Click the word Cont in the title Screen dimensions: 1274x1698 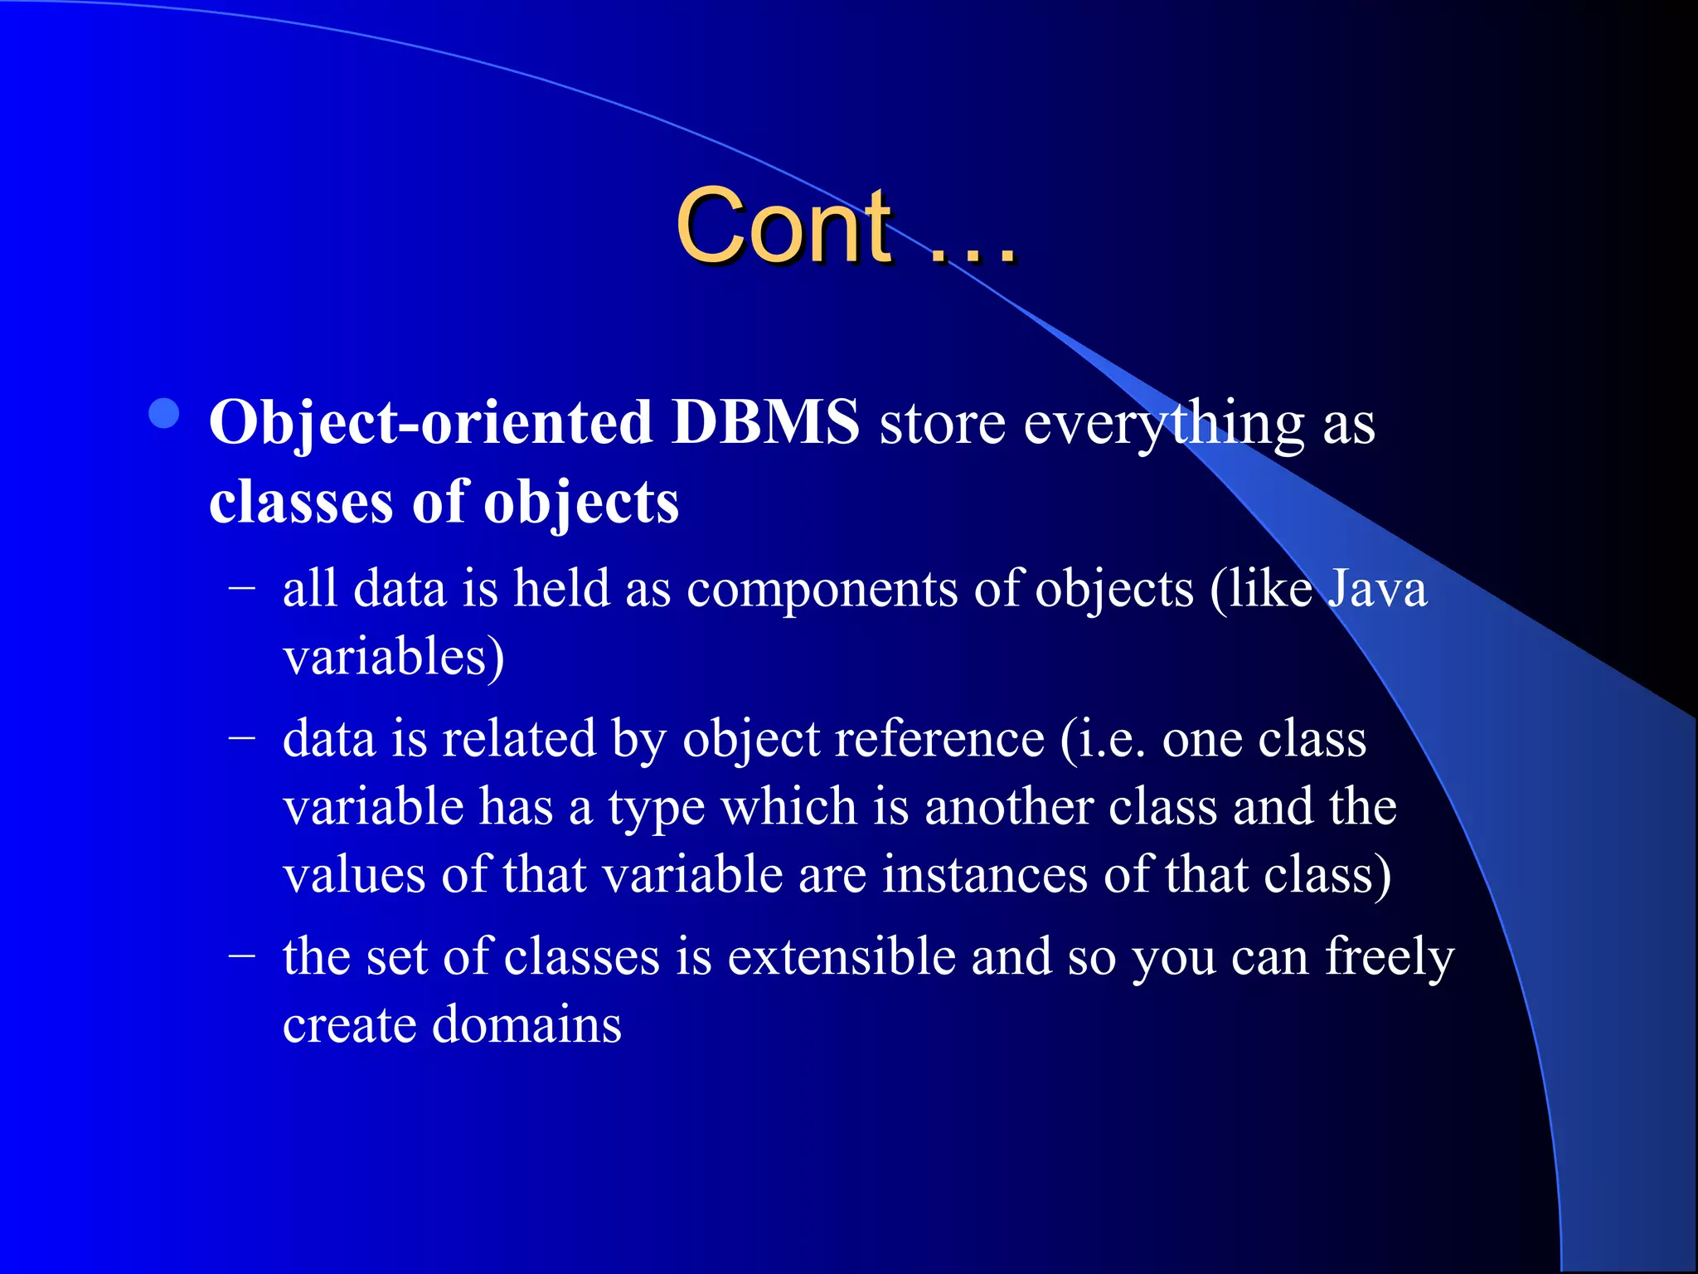tap(784, 226)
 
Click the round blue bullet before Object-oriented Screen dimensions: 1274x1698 tap(165, 414)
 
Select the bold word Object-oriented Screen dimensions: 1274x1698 tap(430, 423)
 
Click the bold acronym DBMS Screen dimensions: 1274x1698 tap(765, 423)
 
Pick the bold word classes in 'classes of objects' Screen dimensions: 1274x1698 tap(301, 503)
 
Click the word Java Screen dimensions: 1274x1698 tap(1377, 589)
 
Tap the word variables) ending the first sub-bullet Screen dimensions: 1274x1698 tap(394, 657)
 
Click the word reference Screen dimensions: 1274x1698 tap(939, 738)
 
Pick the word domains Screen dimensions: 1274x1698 tap(526, 1024)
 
